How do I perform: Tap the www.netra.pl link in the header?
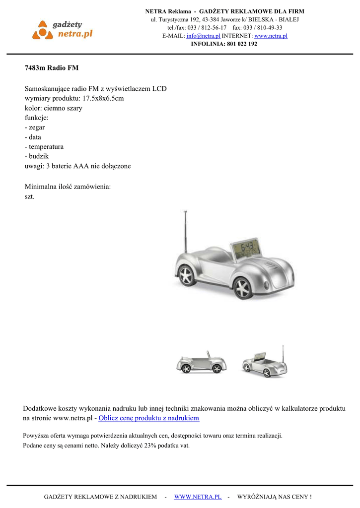tap(271, 36)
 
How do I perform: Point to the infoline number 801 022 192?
tap(242, 44)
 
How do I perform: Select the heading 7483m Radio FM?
tap(52, 67)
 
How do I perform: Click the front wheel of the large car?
tap(242, 287)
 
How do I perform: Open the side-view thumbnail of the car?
tap(201, 363)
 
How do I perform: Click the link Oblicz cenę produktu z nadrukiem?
tap(148, 418)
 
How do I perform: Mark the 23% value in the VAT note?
tap(150, 445)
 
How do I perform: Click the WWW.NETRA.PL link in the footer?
tap(198, 497)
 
